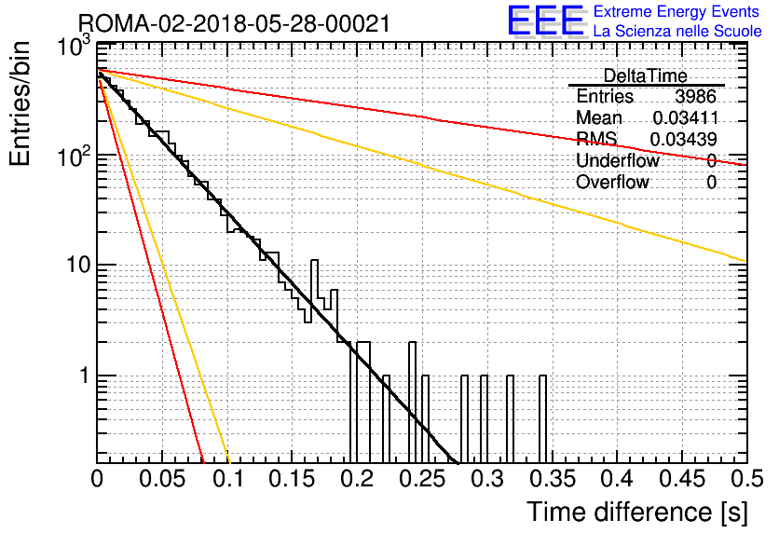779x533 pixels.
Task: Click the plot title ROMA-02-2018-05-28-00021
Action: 234,24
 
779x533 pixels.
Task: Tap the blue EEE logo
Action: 545,20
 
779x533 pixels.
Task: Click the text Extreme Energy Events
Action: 676,11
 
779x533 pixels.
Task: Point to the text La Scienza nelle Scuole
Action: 677,31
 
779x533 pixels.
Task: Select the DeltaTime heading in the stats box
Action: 645,75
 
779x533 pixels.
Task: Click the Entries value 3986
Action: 695,96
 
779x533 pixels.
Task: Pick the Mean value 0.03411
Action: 685,117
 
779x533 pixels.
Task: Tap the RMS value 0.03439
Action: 683,140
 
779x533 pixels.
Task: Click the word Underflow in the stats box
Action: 618,160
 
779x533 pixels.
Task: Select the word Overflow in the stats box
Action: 612,183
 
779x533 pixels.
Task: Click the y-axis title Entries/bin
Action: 20,103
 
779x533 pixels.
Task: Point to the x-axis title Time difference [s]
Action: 637,512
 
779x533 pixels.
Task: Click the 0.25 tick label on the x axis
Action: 422,479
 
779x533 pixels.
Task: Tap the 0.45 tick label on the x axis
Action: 682,479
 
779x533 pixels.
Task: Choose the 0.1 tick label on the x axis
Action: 229,479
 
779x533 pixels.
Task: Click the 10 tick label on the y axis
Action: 79,265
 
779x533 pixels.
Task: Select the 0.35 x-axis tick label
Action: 553,479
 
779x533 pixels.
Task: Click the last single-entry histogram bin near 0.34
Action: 542,418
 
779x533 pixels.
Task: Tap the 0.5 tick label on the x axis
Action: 747,479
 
